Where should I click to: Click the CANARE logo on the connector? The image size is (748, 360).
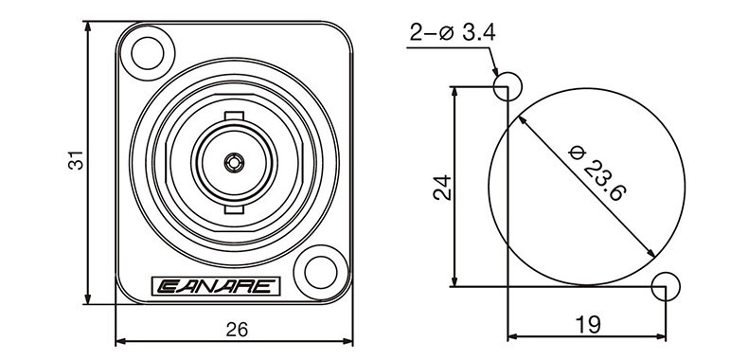click(x=216, y=286)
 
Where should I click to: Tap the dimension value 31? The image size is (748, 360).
click(x=76, y=160)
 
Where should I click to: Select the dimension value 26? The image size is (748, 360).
click(x=237, y=330)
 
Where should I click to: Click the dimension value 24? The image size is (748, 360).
click(x=442, y=187)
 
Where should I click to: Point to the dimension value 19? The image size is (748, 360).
click(x=588, y=325)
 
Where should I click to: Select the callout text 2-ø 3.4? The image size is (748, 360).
click(x=453, y=33)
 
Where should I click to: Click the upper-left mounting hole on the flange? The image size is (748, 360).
click(x=148, y=53)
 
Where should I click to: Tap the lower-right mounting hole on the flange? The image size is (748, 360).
click(x=321, y=272)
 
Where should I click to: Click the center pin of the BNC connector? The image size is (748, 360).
click(x=234, y=163)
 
